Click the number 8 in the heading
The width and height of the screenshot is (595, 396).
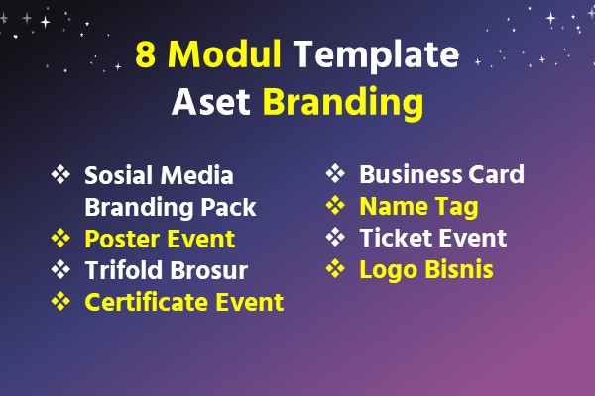point(146,54)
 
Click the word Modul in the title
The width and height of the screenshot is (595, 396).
point(224,53)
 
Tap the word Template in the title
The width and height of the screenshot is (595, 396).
point(377,56)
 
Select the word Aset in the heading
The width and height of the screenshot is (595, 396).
point(211,102)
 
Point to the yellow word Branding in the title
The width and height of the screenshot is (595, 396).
point(343,102)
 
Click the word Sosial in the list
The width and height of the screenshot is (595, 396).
point(118,175)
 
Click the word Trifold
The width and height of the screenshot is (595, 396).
point(124,270)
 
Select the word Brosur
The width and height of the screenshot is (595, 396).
point(208,270)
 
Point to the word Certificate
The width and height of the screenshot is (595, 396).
point(147,302)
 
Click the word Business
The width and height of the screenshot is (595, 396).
point(411,174)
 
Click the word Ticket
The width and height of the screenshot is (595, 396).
point(394,238)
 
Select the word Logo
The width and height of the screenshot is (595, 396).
point(389,270)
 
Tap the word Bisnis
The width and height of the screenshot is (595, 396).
point(459,269)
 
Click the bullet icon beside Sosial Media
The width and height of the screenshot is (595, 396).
point(60,174)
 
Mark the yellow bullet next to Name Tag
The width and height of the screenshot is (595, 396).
point(335,205)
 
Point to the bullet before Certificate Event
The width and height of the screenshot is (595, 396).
point(60,301)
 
